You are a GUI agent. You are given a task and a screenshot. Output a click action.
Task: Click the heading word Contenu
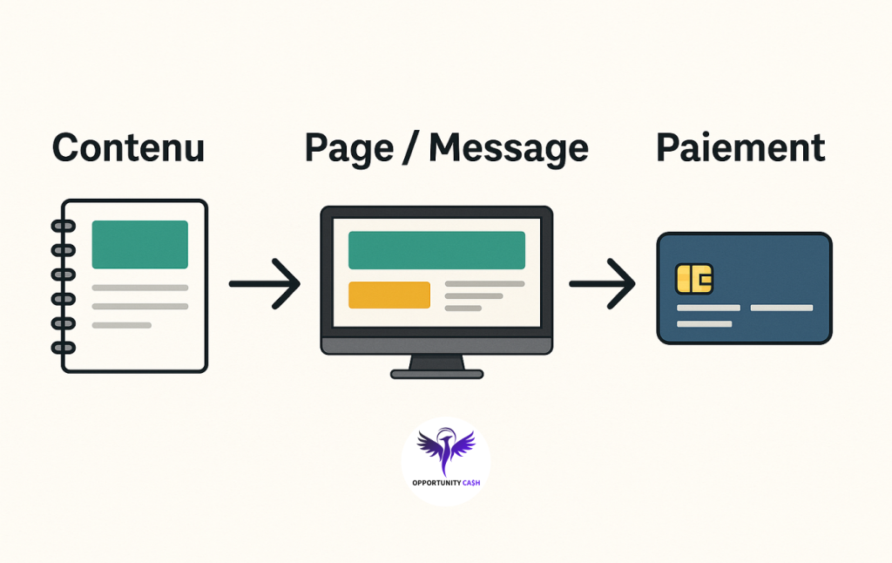tap(128, 148)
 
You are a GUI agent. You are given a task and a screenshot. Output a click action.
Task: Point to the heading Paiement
tap(740, 148)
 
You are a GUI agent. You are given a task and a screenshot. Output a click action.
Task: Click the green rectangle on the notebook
tap(139, 244)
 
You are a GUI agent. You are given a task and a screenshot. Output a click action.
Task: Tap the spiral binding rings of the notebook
tap(64, 286)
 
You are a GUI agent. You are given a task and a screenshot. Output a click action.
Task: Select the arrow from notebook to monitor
tap(265, 283)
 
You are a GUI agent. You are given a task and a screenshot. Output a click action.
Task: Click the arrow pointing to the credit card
tap(603, 283)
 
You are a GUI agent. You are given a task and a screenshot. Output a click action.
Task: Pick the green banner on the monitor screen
tap(436, 250)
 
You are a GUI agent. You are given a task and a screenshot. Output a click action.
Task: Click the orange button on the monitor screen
tap(389, 295)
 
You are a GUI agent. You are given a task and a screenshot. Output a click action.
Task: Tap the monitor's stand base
tap(436, 374)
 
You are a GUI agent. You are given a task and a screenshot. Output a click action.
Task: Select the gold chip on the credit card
tap(694, 279)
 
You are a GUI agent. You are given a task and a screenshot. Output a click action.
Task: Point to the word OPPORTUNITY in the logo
tap(437, 484)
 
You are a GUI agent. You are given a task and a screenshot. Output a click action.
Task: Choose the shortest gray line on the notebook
tap(122, 325)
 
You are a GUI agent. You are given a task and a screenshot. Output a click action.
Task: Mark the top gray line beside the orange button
tap(484, 284)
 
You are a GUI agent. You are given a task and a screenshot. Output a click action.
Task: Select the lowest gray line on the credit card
tap(704, 324)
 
